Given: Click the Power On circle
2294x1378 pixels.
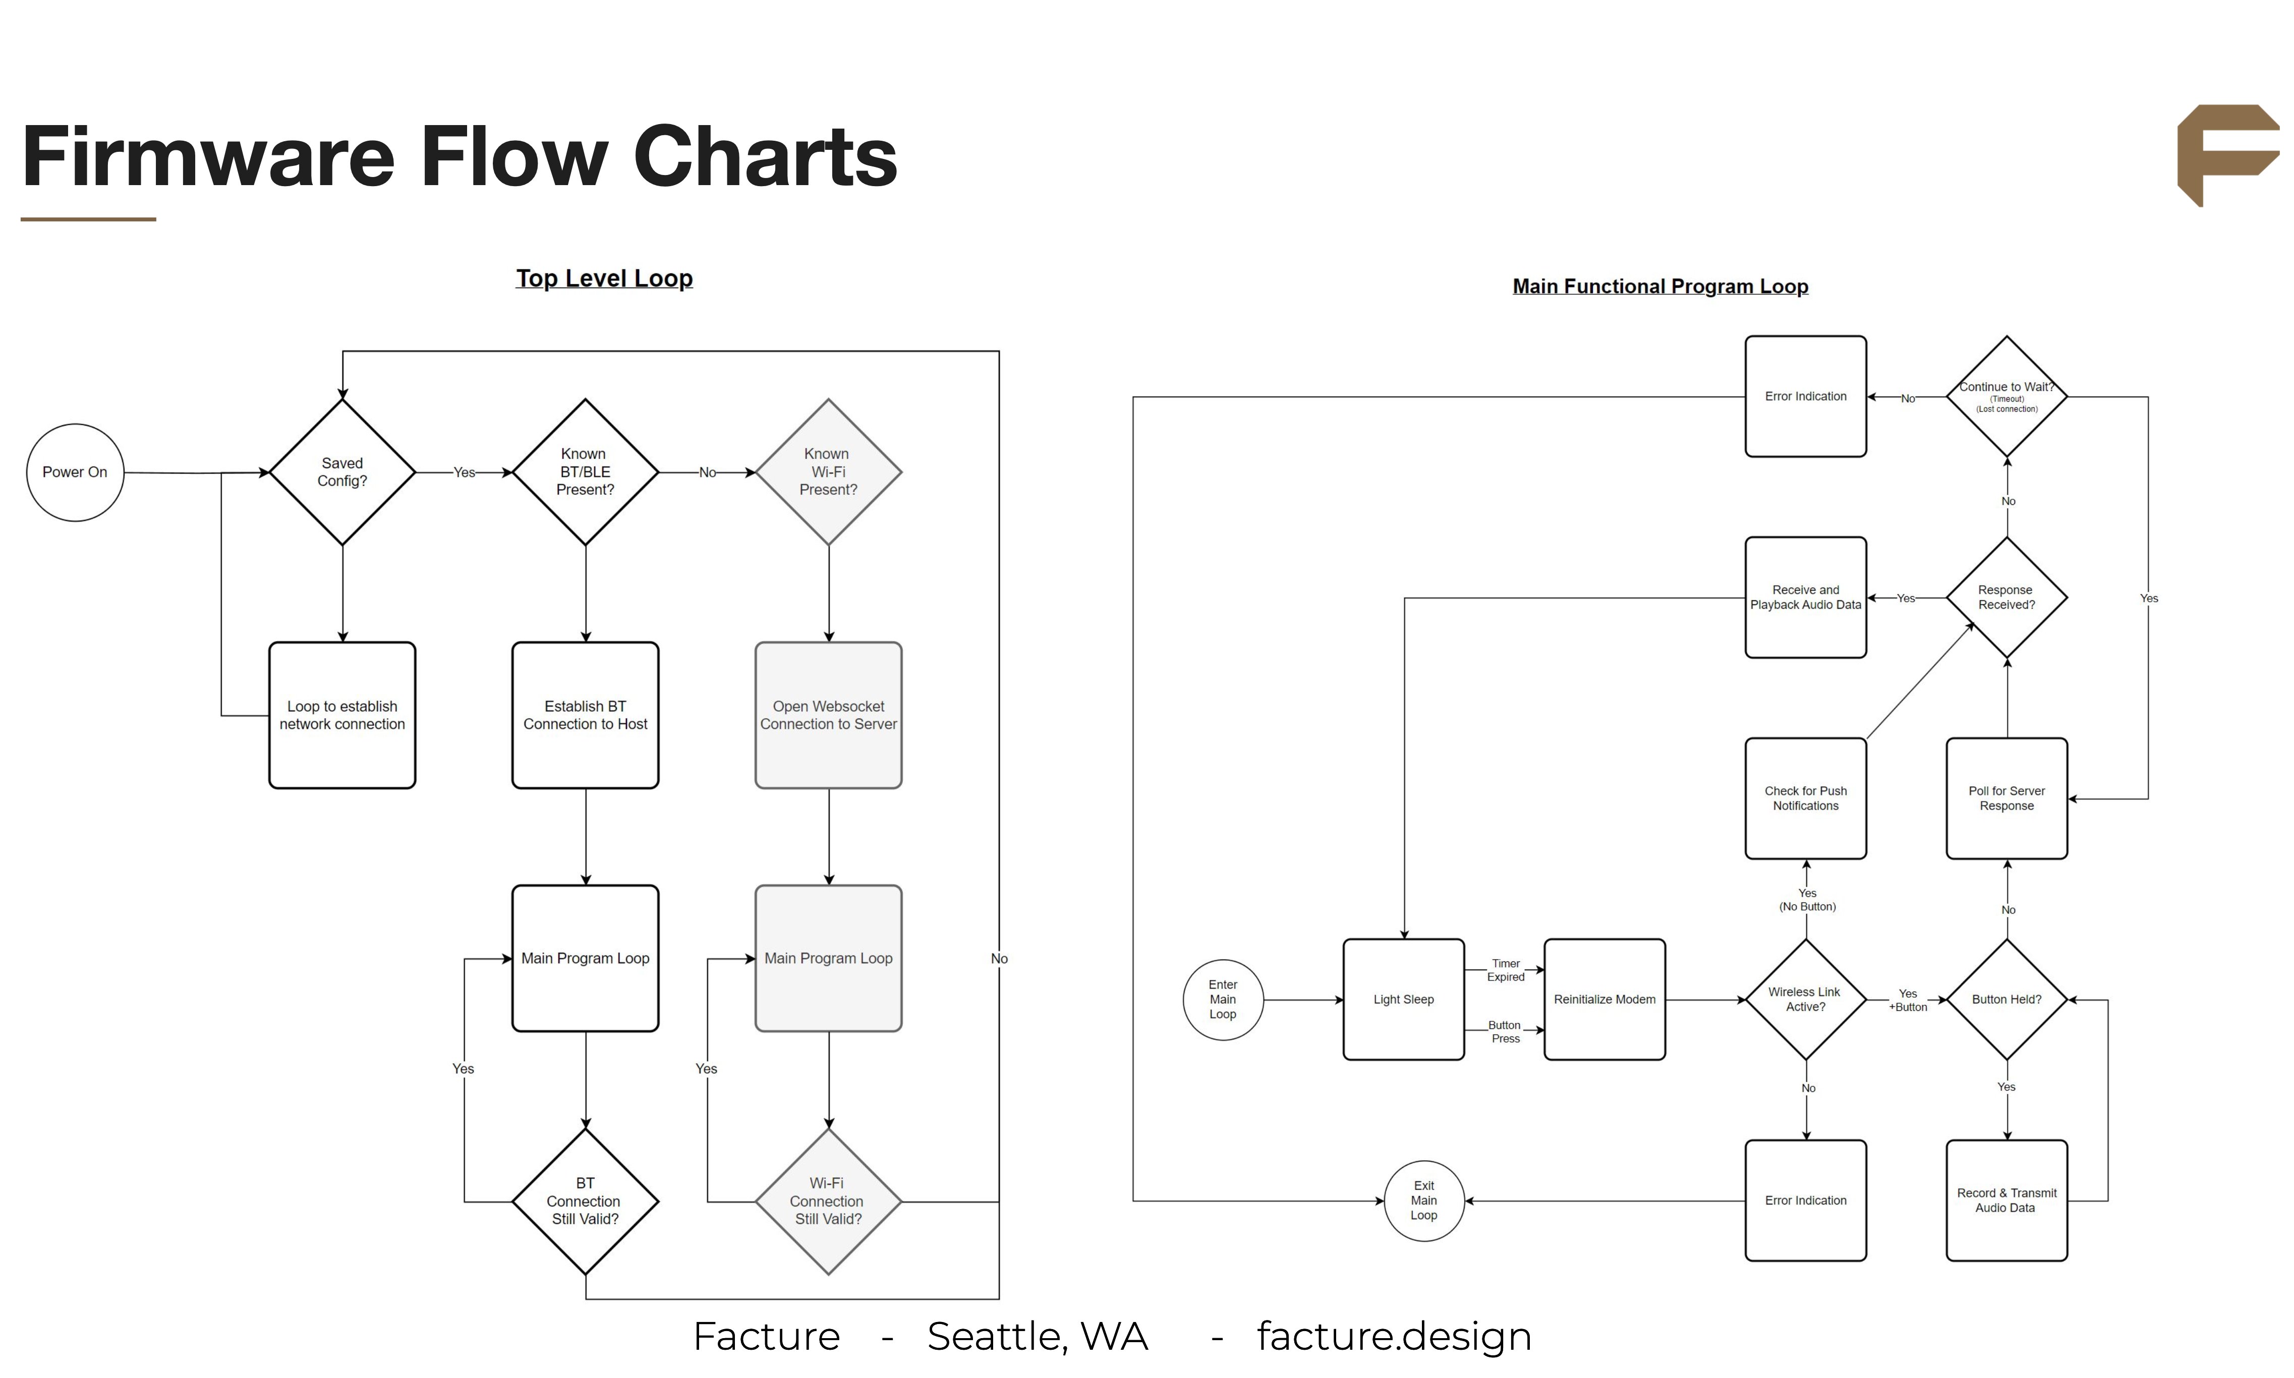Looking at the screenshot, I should (75, 473).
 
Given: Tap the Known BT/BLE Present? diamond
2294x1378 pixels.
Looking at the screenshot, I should (585, 473).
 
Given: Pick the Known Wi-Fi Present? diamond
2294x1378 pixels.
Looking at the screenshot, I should (828, 473).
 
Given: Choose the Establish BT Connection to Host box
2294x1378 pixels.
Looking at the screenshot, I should (585, 715).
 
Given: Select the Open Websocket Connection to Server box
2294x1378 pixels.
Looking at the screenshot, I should (828, 715).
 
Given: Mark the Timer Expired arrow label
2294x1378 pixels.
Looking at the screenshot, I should (1505, 970).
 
